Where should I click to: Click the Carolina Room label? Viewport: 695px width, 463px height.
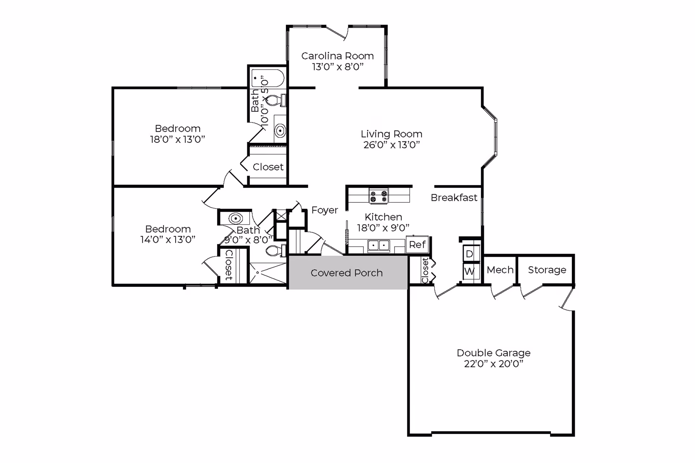click(337, 56)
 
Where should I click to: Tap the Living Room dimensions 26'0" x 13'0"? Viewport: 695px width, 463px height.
click(391, 145)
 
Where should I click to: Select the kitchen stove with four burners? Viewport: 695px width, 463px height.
click(378, 196)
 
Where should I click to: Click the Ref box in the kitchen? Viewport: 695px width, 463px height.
click(417, 245)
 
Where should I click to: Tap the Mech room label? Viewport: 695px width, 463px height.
click(500, 270)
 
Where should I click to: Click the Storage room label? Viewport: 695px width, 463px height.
click(547, 270)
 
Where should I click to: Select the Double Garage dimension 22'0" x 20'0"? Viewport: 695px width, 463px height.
click(493, 364)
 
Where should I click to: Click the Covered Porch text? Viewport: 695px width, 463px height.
click(346, 273)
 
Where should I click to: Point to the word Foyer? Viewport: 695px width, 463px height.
click(325, 210)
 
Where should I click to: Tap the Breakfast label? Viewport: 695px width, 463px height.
click(454, 197)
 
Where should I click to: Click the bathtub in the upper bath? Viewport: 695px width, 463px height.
click(268, 78)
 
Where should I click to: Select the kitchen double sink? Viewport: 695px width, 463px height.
click(379, 245)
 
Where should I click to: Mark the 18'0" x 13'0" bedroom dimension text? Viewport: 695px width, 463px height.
click(177, 139)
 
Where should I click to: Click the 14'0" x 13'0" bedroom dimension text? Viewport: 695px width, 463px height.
click(168, 239)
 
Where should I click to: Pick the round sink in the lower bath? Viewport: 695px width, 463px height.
click(236, 218)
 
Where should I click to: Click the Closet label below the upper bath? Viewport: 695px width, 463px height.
click(268, 167)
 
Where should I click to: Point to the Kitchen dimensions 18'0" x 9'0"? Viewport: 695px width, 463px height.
click(383, 228)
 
